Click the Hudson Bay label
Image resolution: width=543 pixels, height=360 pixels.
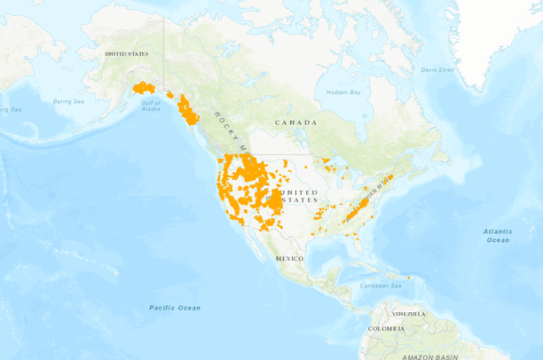click(x=342, y=92)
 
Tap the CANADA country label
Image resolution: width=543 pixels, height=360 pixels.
click(x=295, y=122)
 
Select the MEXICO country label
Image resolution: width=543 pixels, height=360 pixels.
click(x=289, y=258)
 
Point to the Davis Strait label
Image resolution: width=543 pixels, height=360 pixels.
click(x=437, y=69)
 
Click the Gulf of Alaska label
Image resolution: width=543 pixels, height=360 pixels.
click(x=151, y=106)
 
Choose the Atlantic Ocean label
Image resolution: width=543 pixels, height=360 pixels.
click(x=498, y=236)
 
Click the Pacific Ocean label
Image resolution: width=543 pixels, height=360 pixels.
click(x=174, y=308)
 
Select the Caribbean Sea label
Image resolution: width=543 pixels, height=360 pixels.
click(x=382, y=286)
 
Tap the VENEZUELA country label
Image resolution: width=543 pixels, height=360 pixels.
click(x=410, y=314)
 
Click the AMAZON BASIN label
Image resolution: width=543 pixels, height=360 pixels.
click(x=429, y=356)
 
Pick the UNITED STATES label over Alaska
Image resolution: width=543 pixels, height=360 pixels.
click(x=127, y=54)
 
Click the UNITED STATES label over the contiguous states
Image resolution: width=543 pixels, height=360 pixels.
click(x=298, y=196)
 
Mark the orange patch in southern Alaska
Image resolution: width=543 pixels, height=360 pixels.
click(x=143, y=88)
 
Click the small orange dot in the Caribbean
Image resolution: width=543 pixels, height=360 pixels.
click(x=409, y=278)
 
